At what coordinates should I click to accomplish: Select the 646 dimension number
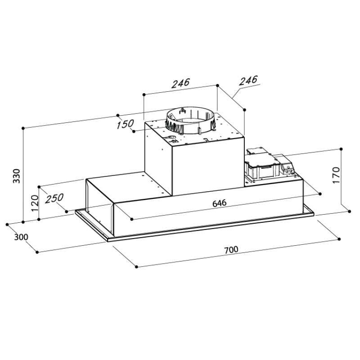click(219, 203)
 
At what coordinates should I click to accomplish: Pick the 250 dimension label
click(54, 198)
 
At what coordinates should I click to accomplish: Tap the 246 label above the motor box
click(181, 83)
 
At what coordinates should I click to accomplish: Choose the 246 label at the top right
click(248, 80)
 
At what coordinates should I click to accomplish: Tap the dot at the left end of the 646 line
click(132, 220)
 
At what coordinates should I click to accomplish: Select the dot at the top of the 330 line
click(23, 128)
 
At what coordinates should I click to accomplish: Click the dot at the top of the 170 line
click(342, 148)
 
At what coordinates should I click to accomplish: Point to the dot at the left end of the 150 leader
click(134, 131)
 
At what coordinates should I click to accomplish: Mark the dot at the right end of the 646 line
click(320, 194)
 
